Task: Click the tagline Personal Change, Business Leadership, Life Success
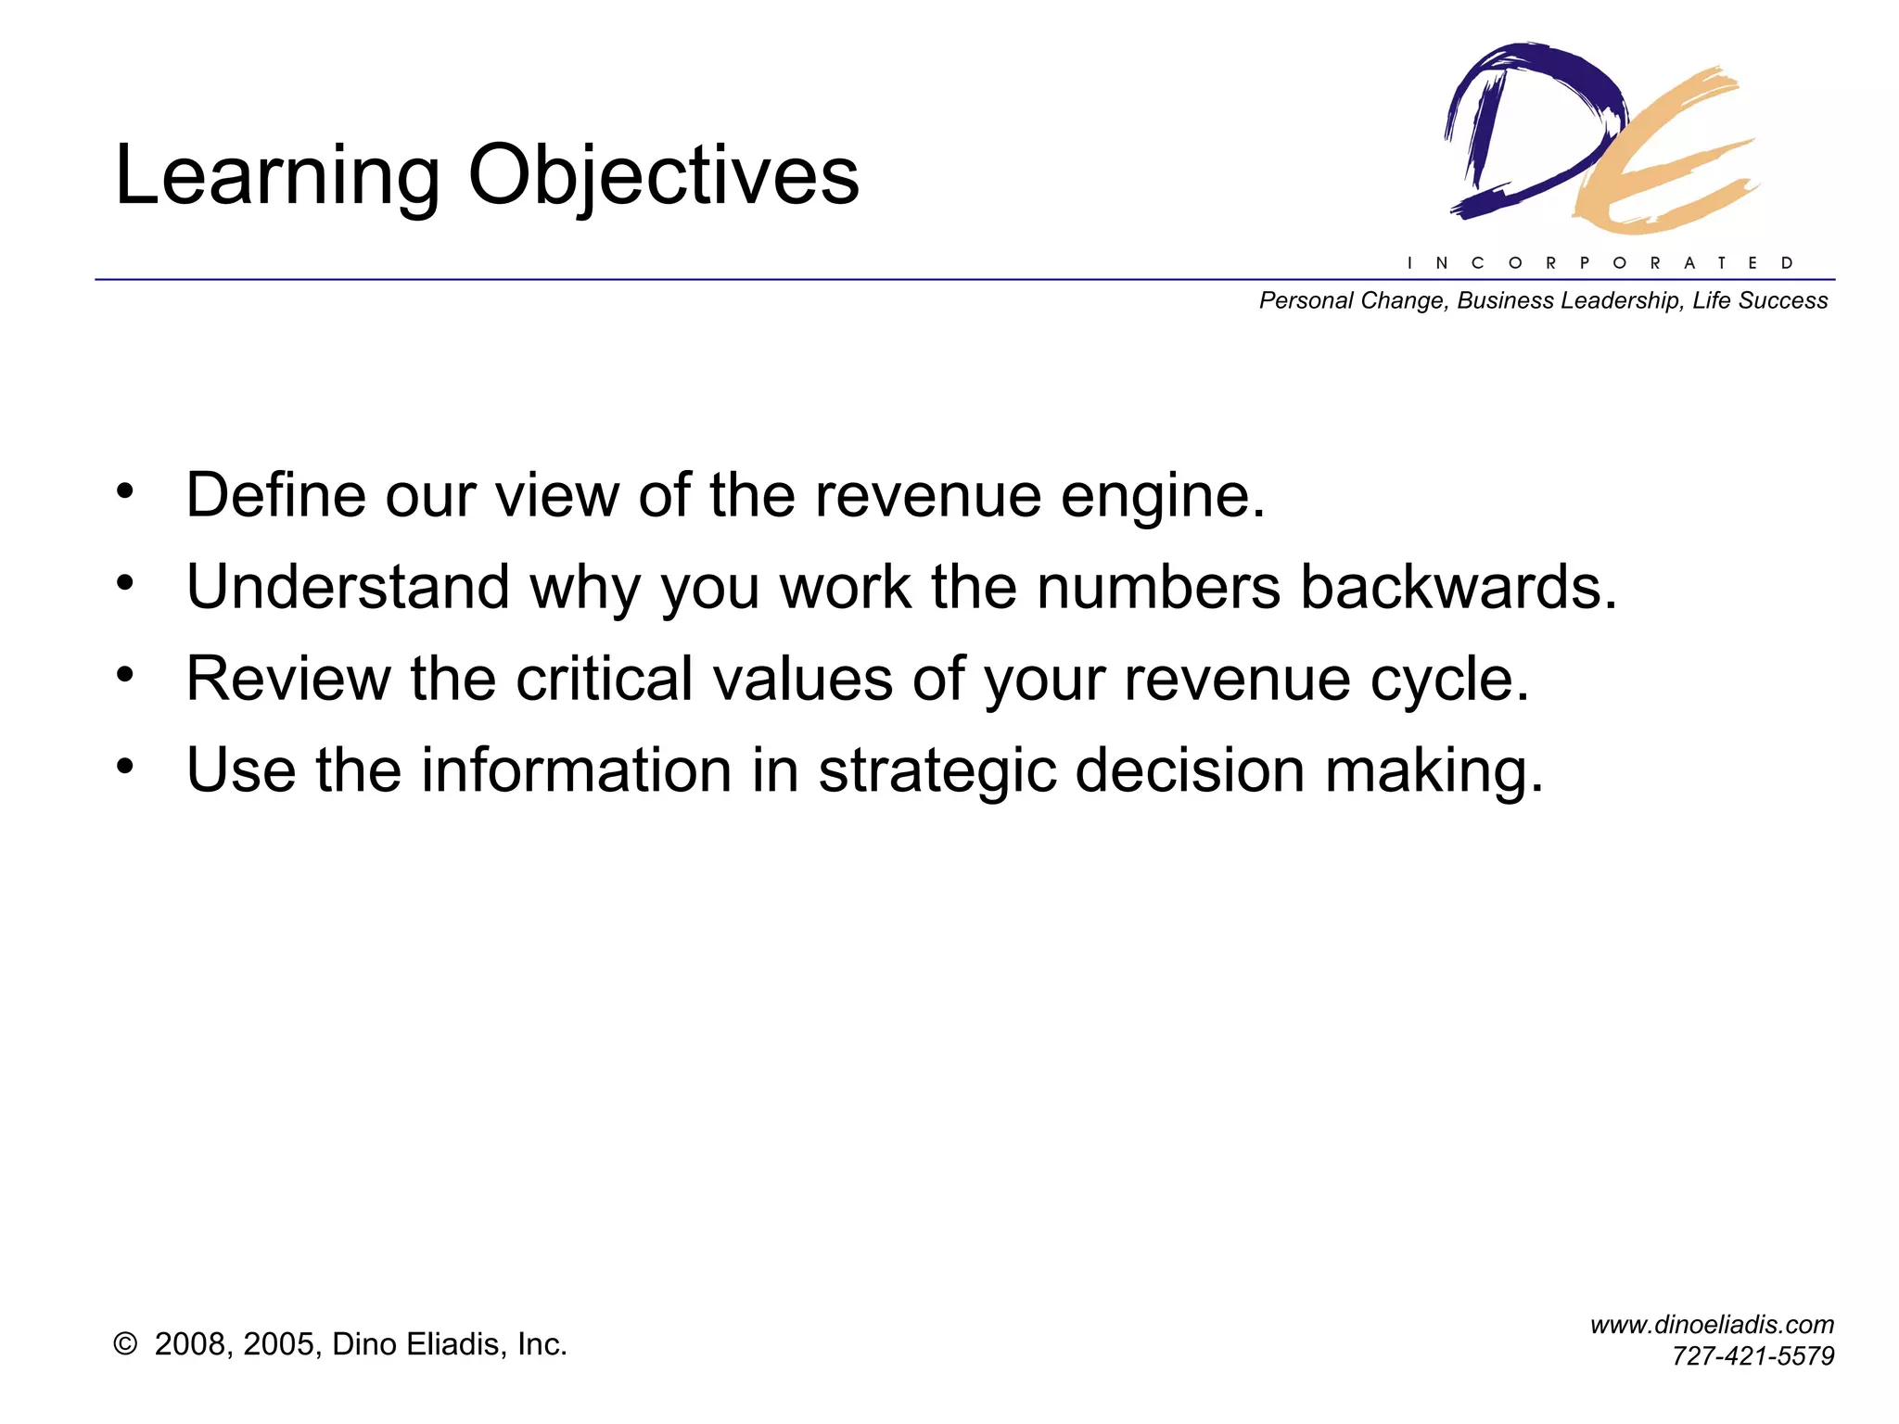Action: click(1543, 300)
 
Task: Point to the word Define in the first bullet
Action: click(275, 495)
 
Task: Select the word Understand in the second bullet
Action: click(348, 587)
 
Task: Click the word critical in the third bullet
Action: click(604, 679)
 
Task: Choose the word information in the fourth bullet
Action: click(577, 770)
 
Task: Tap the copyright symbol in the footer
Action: click(125, 1344)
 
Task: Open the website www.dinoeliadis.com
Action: click(1712, 1325)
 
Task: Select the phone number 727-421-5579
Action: click(1752, 1356)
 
